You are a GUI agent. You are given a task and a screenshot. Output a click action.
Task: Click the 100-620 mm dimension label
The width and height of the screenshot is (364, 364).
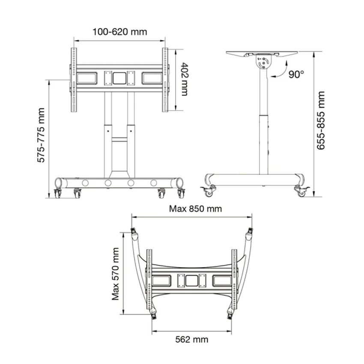click(120, 32)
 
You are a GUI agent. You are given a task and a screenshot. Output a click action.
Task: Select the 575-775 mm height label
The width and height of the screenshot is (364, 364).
click(41, 135)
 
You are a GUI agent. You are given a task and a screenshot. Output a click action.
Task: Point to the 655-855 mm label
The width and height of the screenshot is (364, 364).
click(321, 120)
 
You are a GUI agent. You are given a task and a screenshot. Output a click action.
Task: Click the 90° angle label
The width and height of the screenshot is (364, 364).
click(296, 74)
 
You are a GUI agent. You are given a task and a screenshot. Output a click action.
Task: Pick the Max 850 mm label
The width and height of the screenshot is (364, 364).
click(195, 209)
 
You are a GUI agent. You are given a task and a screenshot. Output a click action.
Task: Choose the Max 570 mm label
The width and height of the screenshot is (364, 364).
click(115, 274)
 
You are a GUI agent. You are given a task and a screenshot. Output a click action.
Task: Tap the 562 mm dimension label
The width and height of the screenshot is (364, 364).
click(192, 340)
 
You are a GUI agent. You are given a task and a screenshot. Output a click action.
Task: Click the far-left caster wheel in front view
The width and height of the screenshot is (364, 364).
click(57, 194)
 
